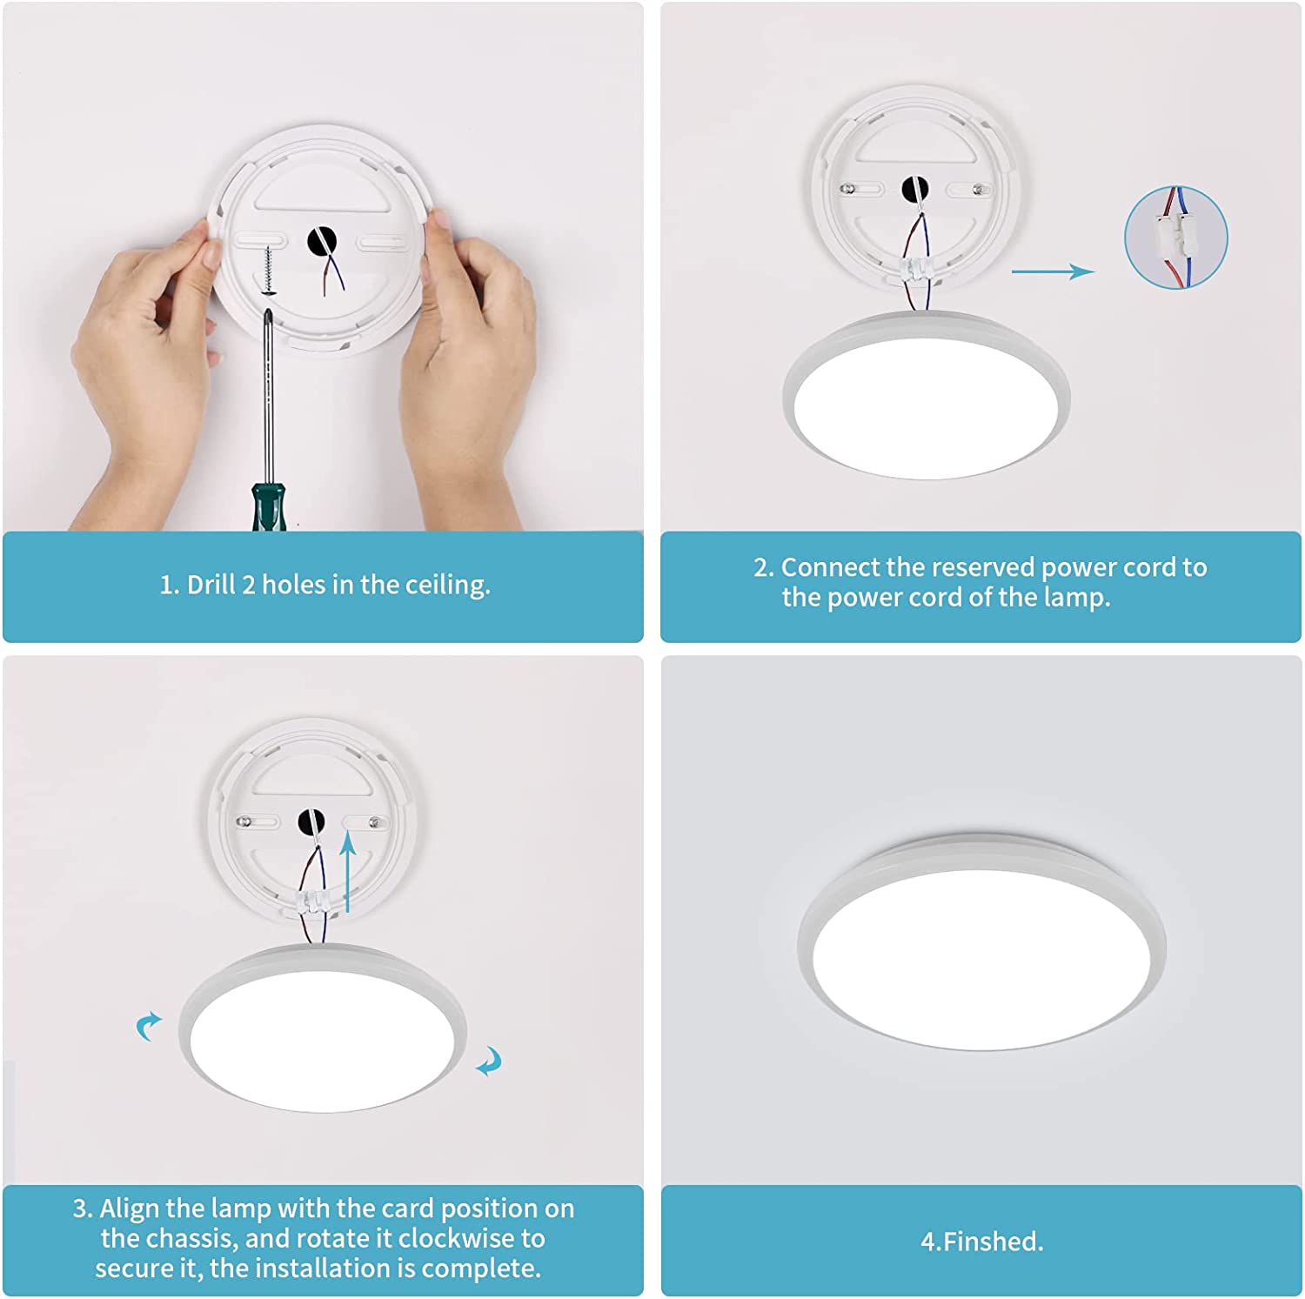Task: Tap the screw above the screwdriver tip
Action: click(268, 271)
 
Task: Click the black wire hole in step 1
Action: click(322, 243)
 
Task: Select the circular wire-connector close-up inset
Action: click(1176, 237)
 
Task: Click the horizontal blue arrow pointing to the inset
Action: click(1053, 271)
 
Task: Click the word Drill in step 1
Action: click(211, 585)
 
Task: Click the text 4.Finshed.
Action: click(982, 1242)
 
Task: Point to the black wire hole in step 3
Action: click(311, 820)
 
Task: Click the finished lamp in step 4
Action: click(981, 941)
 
